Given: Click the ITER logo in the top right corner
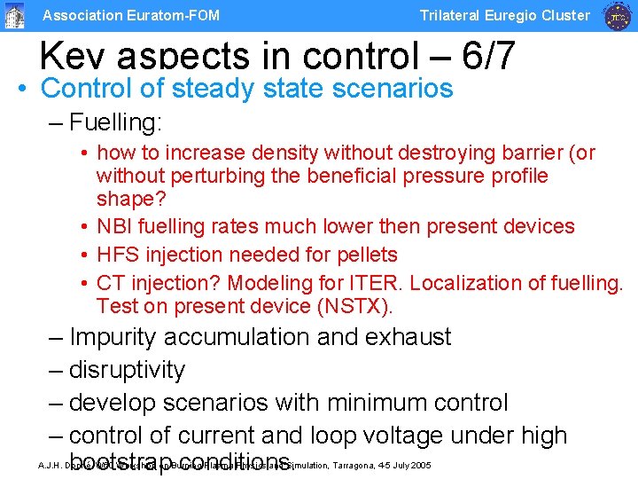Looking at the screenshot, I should (x=617, y=15).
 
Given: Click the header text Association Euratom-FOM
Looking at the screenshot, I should (x=131, y=15).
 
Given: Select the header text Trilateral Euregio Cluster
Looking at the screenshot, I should (x=504, y=15).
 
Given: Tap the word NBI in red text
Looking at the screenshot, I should (x=115, y=226).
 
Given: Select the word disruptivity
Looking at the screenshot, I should (x=127, y=370).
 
